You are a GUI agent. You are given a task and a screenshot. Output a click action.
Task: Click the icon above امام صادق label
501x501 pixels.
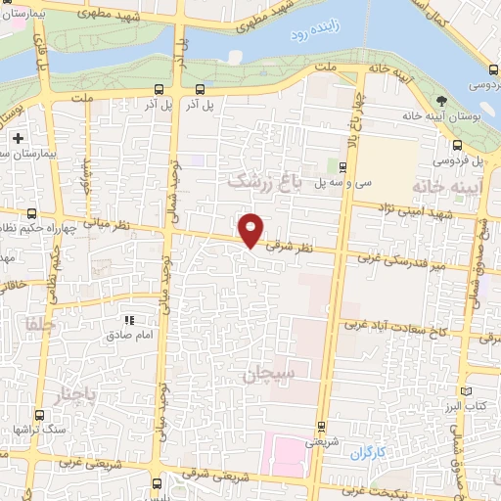pyautogui.click(x=128, y=320)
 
